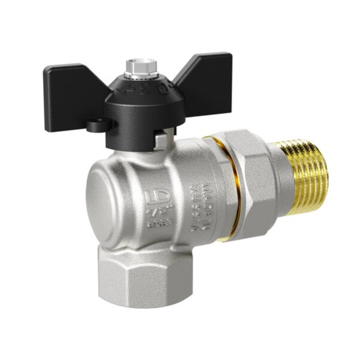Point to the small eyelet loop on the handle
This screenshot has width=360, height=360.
(x=93, y=127)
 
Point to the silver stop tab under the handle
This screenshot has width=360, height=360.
(x=160, y=140)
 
